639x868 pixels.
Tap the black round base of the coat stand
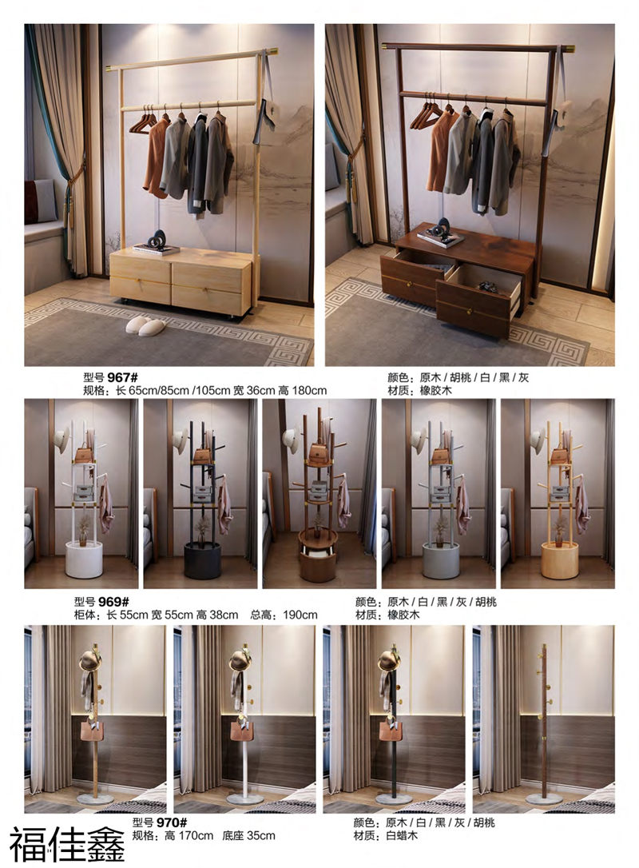click(x=202, y=560)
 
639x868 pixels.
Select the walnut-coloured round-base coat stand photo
click(x=318, y=492)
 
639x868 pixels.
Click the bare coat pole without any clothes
click(x=543, y=719)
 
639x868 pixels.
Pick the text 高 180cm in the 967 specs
click(x=303, y=391)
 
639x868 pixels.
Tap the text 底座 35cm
click(x=249, y=836)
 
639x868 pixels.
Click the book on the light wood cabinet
click(x=156, y=249)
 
